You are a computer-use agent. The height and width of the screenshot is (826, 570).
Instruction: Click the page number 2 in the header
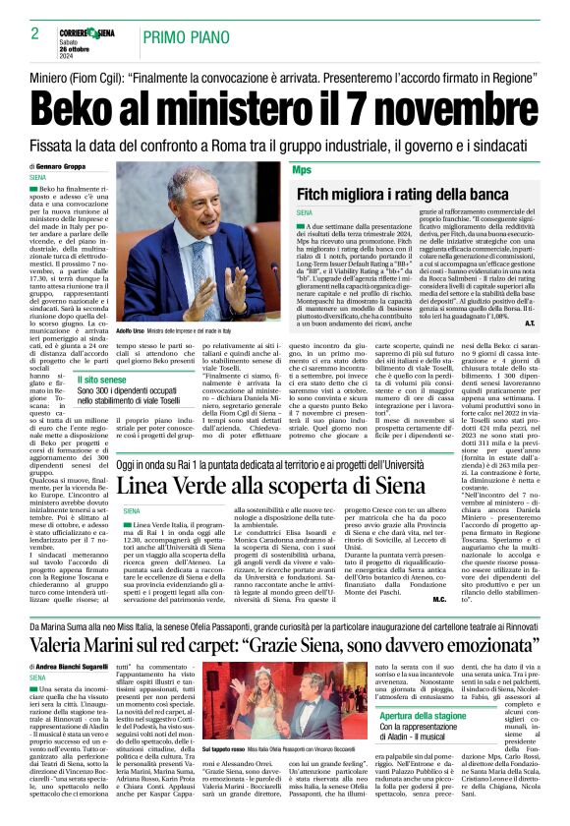(34, 33)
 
